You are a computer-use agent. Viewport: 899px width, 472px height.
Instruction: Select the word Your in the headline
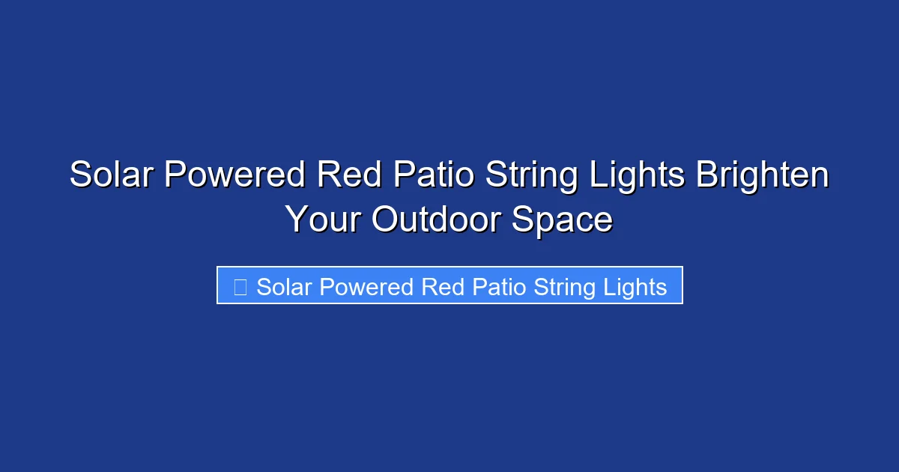tap(323, 220)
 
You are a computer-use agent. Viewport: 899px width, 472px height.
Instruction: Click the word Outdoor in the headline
tap(438, 220)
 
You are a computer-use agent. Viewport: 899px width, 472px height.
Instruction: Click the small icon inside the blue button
tap(240, 287)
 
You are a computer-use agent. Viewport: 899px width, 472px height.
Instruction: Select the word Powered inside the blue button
tap(365, 287)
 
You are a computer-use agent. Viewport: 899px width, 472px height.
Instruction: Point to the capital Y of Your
tap(297, 220)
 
